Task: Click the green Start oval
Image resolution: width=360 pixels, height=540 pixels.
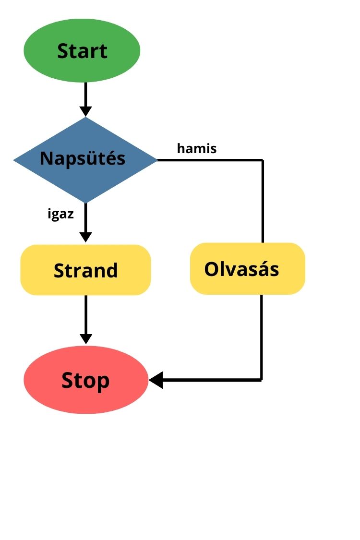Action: pos(82,50)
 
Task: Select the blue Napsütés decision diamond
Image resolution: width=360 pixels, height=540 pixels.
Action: pos(85,159)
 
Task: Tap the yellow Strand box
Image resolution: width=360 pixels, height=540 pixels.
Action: pos(85,270)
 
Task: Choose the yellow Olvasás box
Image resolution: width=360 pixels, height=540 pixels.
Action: pos(248,268)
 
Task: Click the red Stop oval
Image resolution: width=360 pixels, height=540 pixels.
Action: pos(86,380)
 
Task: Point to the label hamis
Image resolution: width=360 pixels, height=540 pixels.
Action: pos(197,149)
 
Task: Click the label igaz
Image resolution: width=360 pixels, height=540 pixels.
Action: pos(61,214)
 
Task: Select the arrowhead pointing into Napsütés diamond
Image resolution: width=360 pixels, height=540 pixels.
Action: pos(85,111)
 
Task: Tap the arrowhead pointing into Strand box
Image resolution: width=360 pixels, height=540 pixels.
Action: pos(85,237)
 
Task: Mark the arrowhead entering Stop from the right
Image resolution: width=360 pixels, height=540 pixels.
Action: pos(156,380)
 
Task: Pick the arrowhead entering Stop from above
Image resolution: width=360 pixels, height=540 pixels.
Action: pos(85,338)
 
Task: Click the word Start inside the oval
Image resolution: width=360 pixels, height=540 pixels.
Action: pos(82,51)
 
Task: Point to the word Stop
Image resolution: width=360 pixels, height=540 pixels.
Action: pos(85,381)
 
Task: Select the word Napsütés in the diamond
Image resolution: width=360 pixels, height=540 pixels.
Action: pos(83,158)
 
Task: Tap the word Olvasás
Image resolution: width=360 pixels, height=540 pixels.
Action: pos(241,269)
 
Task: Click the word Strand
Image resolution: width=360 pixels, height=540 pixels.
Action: pos(85,271)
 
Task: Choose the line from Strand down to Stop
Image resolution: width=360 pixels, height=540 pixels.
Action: pos(85,314)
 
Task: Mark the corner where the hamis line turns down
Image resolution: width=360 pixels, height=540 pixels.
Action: pos(263,160)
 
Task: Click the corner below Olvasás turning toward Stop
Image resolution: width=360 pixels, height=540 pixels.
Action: pos(262,380)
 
